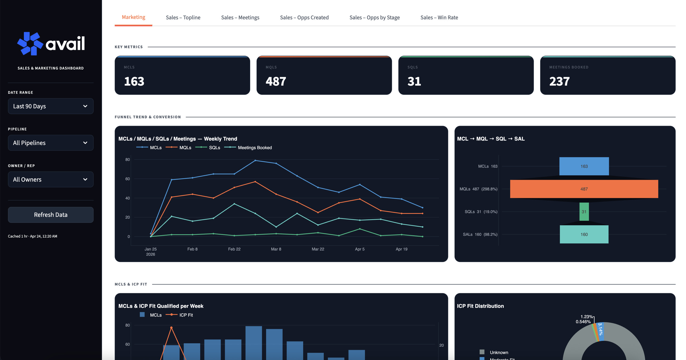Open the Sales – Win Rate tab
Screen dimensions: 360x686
439,18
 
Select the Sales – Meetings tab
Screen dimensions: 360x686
240,18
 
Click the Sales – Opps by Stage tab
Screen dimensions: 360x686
374,18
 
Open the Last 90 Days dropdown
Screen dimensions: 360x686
51,106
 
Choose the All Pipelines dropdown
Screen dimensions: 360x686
51,143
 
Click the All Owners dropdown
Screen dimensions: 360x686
51,179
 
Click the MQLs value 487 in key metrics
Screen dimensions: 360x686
276,81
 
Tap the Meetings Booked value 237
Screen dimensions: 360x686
559,81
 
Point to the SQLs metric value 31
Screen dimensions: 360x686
414,81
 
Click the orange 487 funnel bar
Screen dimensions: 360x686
584,189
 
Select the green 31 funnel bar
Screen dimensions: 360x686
584,212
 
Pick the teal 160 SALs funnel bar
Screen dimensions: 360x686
584,234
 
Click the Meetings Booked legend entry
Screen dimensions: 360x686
254,148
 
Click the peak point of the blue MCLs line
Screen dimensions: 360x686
255,161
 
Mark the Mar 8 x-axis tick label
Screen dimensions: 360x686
276,249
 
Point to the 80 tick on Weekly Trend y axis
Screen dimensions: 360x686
128,159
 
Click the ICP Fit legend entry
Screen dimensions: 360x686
186,315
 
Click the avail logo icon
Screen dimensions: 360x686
30,44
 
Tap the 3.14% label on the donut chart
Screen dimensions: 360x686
600,329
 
